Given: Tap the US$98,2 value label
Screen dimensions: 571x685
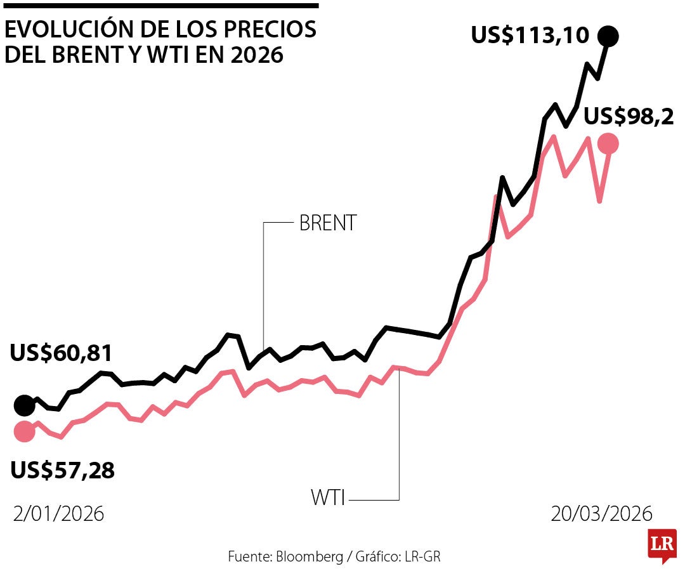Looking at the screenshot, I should click(628, 116).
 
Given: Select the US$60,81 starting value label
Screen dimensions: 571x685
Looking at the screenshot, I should click(61, 353).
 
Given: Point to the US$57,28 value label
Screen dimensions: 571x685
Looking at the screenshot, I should click(62, 470).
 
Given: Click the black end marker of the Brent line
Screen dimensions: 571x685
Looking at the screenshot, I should click(609, 36).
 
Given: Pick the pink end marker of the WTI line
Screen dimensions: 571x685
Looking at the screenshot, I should click(608, 144).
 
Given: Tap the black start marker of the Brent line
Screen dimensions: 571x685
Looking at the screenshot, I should click(24, 404).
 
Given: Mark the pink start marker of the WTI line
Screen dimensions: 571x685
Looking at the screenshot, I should click(24, 431).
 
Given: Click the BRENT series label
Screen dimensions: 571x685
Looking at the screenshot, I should click(328, 223).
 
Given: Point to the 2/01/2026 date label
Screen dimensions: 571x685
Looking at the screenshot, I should click(58, 513).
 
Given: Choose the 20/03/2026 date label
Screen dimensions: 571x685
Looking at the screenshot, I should click(601, 513).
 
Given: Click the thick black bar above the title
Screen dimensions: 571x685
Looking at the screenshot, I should click(161, 6).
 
